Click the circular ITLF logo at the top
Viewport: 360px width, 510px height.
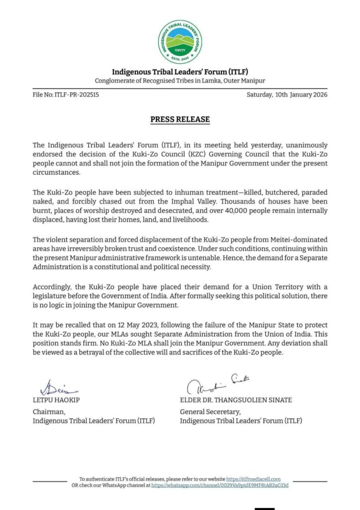point(180,42)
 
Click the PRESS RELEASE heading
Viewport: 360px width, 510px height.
point(180,120)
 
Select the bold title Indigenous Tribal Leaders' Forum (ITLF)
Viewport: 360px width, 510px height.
point(180,72)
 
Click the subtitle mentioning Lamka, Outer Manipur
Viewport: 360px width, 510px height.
point(180,81)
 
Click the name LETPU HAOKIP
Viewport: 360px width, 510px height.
point(56,400)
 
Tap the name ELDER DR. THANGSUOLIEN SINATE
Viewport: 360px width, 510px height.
point(236,400)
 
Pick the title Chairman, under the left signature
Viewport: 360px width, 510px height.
point(49,412)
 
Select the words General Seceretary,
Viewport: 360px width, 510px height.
point(210,412)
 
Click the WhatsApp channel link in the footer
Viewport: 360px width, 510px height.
point(220,485)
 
